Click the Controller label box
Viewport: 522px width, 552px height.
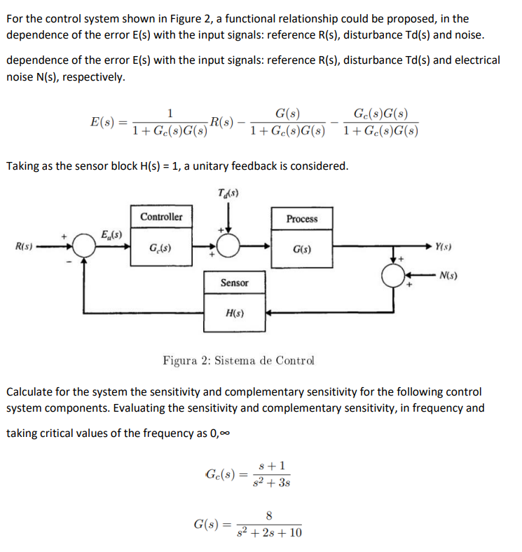coord(161,217)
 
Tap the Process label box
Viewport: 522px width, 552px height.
coord(302,219)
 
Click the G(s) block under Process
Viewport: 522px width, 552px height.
coord(302,249)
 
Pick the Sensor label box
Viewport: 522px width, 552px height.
coord(234,283)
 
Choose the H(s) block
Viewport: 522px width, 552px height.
coord(234,313)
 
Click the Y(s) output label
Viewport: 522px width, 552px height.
coord(444,245)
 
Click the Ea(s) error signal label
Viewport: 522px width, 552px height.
coord(111,234)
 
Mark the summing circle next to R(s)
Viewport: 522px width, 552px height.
coord(85,247)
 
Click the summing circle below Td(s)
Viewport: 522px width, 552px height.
coord(228,247)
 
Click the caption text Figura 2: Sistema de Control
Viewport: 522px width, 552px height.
coord(238,361)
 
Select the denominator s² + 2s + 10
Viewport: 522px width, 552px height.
coord(270,533)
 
